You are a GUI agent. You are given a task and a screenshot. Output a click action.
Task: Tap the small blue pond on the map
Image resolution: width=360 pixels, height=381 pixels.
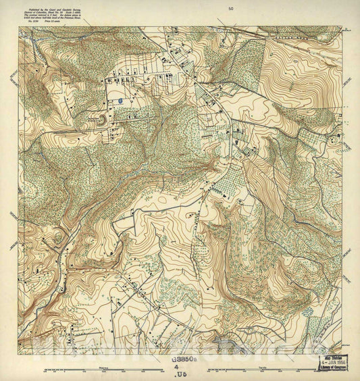coord(120,101)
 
